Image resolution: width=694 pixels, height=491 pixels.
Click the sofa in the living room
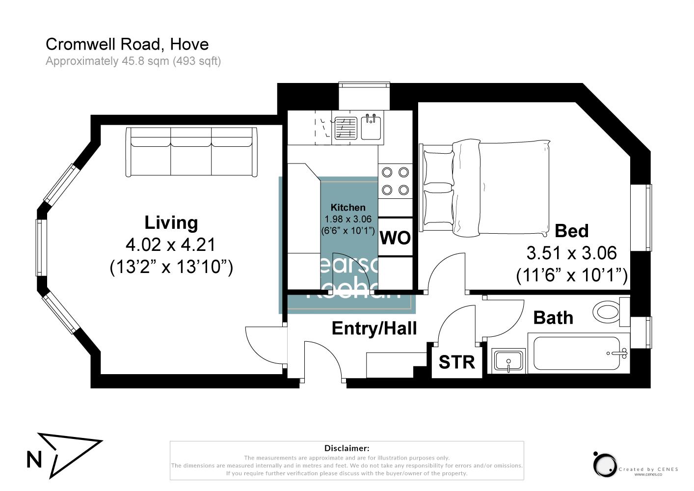click(x=191, y=152)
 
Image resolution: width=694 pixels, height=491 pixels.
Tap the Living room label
click(x=171, y=222)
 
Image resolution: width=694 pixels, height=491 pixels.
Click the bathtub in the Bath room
click(x=579, y=353)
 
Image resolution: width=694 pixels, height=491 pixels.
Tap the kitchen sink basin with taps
click(x=372, y=127)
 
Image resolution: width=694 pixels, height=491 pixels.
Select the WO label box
click(x=396, y=238)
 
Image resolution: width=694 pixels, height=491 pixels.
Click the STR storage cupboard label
click(x=456, y=362)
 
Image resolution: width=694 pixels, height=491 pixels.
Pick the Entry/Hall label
click(x=374, y=328)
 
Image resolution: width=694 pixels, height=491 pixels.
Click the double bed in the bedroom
click(x=486, y=187)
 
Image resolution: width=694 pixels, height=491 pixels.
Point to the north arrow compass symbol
click(x=64, y=454)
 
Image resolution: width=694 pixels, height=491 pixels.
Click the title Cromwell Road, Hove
click(x=127, y=44)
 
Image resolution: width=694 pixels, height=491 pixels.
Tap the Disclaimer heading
click(x=347, y=448)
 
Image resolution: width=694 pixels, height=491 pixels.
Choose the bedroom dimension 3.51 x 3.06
click(x=571, y=253)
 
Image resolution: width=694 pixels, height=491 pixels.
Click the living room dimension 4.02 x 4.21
click(x=171, y=245)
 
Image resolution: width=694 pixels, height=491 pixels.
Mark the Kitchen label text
click(x=348, y=207)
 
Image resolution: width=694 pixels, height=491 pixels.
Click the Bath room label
click(x=553, y=318)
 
